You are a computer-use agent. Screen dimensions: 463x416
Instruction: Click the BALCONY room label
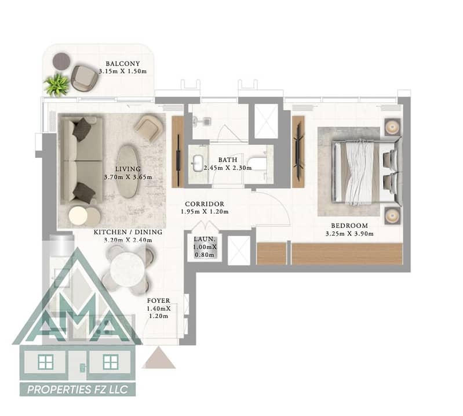[x=122, y=64]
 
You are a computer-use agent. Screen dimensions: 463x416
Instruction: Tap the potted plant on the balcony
[x=57, y=84]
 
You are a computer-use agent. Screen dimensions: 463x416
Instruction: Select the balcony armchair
[x=85, y=78]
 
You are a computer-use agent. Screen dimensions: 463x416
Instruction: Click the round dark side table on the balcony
[x=61, y=61]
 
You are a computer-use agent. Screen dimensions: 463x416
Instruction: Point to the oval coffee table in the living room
[x=127, y=172]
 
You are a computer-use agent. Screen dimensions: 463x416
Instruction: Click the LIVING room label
[x=128, y=169]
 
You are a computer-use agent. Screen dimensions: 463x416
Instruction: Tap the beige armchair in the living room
[x=149, y=128]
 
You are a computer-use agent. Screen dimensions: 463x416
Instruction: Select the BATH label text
[x=228, y=160]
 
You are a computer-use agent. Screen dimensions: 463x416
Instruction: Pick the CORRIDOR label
[x=205, y=204]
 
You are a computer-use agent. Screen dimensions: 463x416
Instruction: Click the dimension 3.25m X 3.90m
[x=349, y=234]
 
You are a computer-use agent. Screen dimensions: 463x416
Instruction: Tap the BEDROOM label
[x=349, y=226]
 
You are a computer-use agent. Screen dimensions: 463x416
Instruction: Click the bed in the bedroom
[x=367, y=172]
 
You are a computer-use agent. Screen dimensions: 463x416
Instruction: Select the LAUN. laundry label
[x=205, y=239]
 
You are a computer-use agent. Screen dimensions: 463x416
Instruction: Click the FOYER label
[x=159, y=301]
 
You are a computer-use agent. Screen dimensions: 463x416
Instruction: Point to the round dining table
[x=127, y=269]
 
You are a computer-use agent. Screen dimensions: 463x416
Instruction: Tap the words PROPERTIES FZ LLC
[x=78, y=390]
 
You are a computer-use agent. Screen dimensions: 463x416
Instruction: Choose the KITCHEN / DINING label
[x=128, y=232]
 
